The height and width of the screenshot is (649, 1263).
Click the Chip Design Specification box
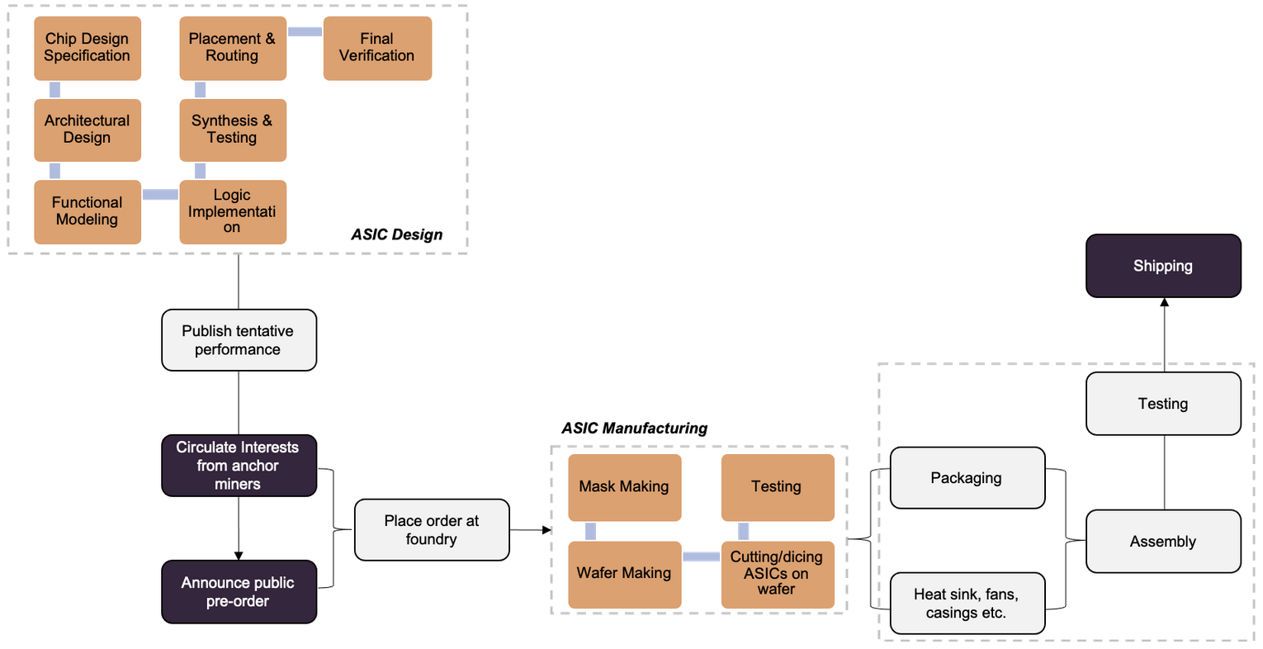pos(88,48)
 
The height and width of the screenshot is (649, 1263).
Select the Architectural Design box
pos(88,130)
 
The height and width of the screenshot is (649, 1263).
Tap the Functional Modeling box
pos(88,212)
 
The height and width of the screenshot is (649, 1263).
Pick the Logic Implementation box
pos(233,212)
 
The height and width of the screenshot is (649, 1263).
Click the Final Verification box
pos(378,48)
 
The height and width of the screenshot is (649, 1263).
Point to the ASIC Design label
pos(397,234)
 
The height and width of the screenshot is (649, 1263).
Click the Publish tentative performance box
pos(239,340)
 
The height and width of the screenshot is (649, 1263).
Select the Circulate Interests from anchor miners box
pos(239,466)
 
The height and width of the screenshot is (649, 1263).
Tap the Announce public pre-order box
pos(239,591)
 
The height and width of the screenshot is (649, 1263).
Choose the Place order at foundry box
pos(432,529)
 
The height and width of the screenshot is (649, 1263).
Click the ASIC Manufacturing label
pos(634,429)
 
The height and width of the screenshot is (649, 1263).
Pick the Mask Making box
pos(625,487)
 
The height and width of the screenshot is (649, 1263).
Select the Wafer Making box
pos(625,575)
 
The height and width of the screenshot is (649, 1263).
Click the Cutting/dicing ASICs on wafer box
pos(778,575)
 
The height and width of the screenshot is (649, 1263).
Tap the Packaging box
pos(967,478)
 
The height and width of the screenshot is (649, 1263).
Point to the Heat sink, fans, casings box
pos(967,604)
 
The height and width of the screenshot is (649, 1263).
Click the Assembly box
pos(1164,542)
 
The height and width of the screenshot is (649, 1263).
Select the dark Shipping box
pos(1164,266)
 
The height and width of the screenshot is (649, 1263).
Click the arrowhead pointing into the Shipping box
pos(1164,302)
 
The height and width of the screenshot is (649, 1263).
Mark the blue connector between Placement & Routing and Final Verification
pos(305,31)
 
